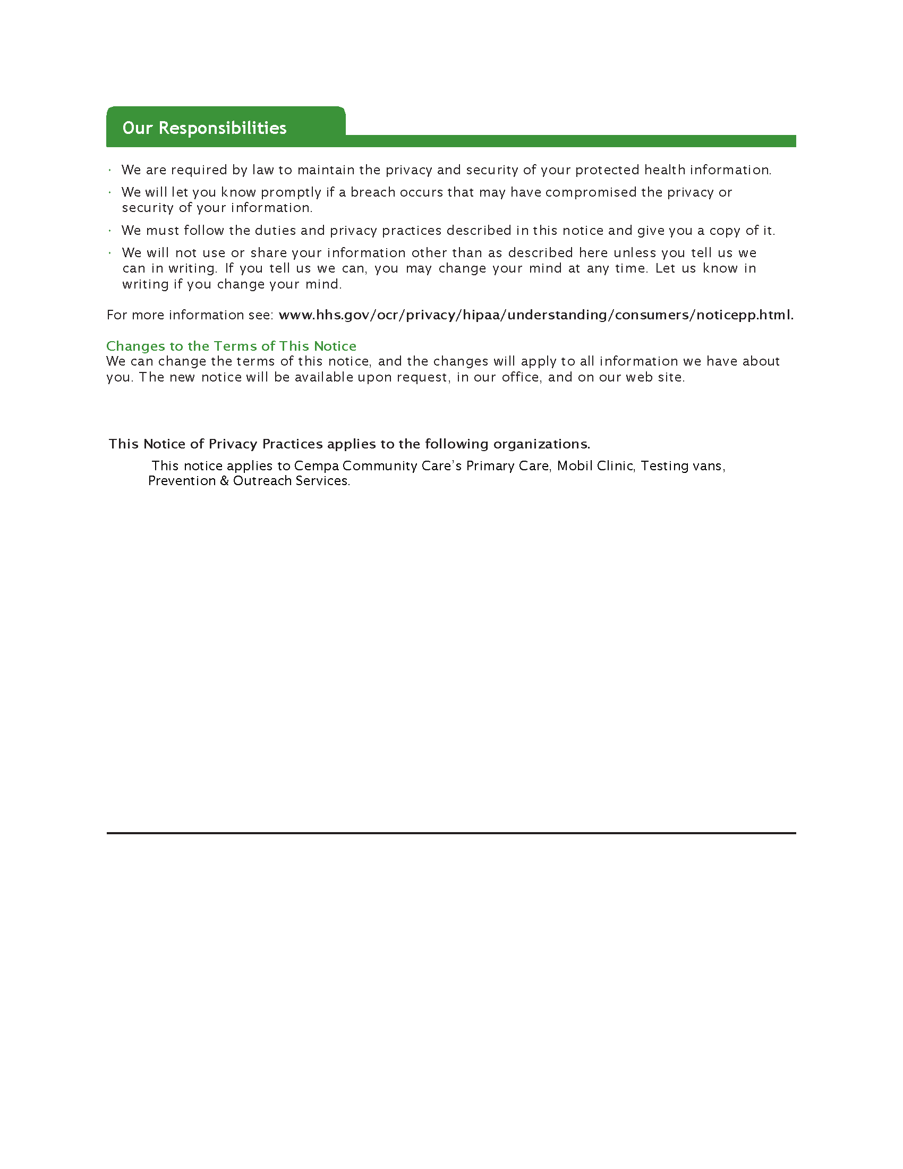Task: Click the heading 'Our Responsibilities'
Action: [205, 128]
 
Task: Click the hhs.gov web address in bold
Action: [536, 315]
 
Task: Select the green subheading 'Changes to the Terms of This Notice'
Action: [231, 346]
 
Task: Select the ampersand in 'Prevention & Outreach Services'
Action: [225, 481]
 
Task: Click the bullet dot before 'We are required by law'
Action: [109, 170]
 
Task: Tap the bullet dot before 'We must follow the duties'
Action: [109, 231]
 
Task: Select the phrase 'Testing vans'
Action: [682, 465]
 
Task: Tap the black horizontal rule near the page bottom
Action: [451, 833]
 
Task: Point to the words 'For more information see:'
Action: [190, 315]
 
